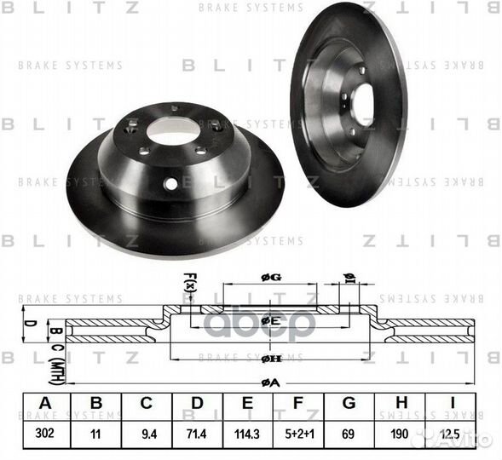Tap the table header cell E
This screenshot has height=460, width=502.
click(x=249, y=404)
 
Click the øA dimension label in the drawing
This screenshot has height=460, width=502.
click(x=270, y=382)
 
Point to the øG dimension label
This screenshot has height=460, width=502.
click(x=270, y=275)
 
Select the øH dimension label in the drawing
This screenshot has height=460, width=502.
click(x=270, y=358)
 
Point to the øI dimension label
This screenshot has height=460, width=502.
click(x=348, y=275)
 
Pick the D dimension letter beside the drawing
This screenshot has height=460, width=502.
click(x=28, y=324)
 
